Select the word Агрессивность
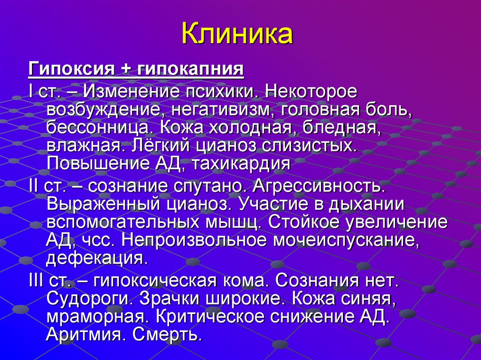(319, 185)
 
